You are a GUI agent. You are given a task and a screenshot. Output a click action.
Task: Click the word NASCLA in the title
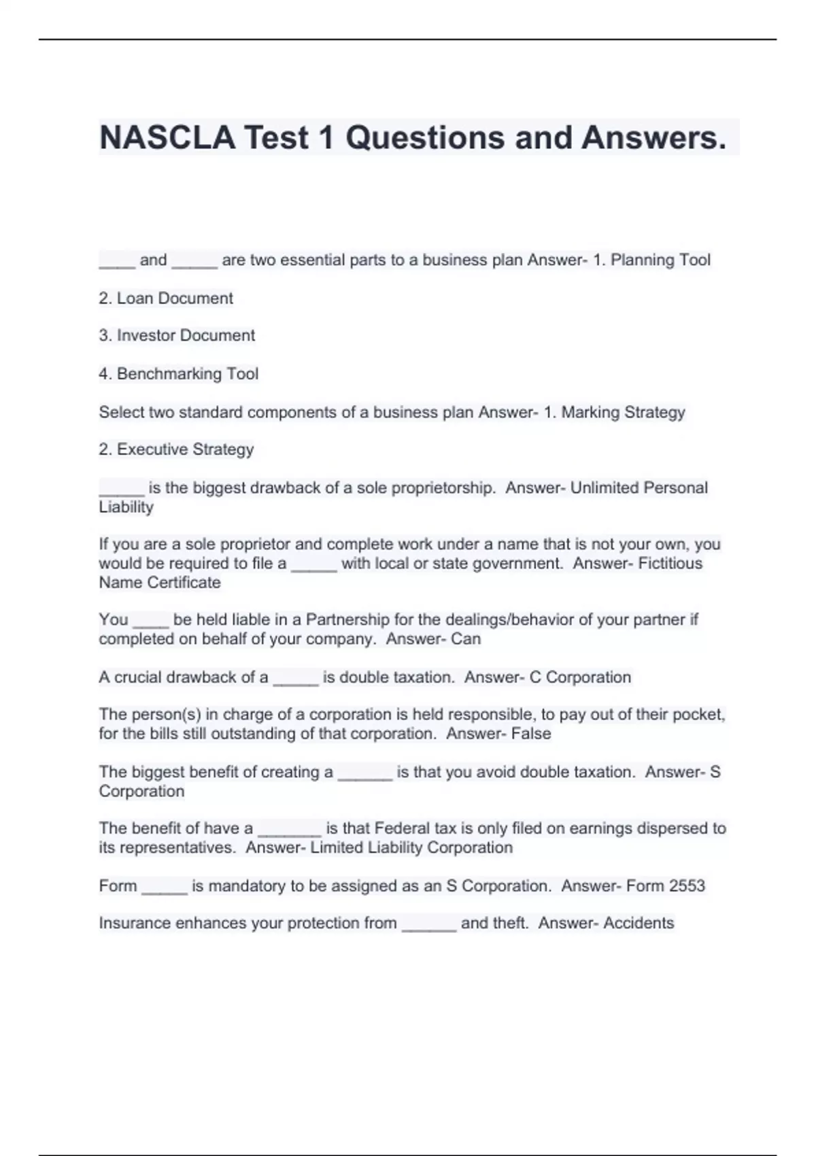(x=167, y=137)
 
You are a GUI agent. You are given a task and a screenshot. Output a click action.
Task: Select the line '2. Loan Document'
(x=166, y=299)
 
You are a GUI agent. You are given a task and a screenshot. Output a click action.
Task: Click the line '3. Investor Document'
(x=177, y=336)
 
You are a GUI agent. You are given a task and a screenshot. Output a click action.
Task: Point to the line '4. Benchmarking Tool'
(x=179, y=374)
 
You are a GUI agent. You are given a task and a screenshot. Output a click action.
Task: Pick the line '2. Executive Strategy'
(x=176, y=449)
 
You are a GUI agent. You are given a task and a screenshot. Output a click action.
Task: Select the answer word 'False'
(x=532, y=734)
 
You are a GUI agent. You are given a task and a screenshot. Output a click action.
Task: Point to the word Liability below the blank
(x=126, y=507)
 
